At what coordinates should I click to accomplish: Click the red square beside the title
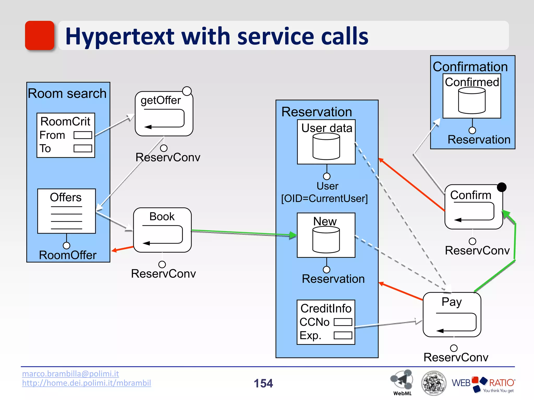click(x=40, y=35)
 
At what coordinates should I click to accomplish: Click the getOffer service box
click(x=164, y=114)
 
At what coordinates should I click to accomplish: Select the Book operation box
click(x=162, y=230)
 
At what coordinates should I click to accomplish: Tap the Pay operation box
click(x=452, y=315)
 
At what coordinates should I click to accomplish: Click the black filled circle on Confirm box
click(x=502, y=187)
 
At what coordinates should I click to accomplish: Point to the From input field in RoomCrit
click(x=83, y=135)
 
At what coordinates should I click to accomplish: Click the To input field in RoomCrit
click(x=83, y=148)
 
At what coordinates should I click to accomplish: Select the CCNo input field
click(x=343, y=322)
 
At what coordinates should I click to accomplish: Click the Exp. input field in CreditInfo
click(x=343, y=335)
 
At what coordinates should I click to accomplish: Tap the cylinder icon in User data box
click(x=326, y=146)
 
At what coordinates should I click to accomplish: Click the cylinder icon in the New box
click(x=326, y=240)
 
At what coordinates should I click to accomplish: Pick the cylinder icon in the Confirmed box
click(x=472, y=101)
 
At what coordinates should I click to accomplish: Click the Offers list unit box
click(x=66, y=211)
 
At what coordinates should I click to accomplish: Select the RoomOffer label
click(x=68, y=255)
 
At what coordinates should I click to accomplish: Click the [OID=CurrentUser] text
click(x=324, y=198)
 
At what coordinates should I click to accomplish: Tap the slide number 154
click(x=263, y=383)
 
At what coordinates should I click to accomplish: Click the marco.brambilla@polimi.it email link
click(x=70, y=374)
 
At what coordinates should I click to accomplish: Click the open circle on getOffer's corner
click(x=187, y=91)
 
